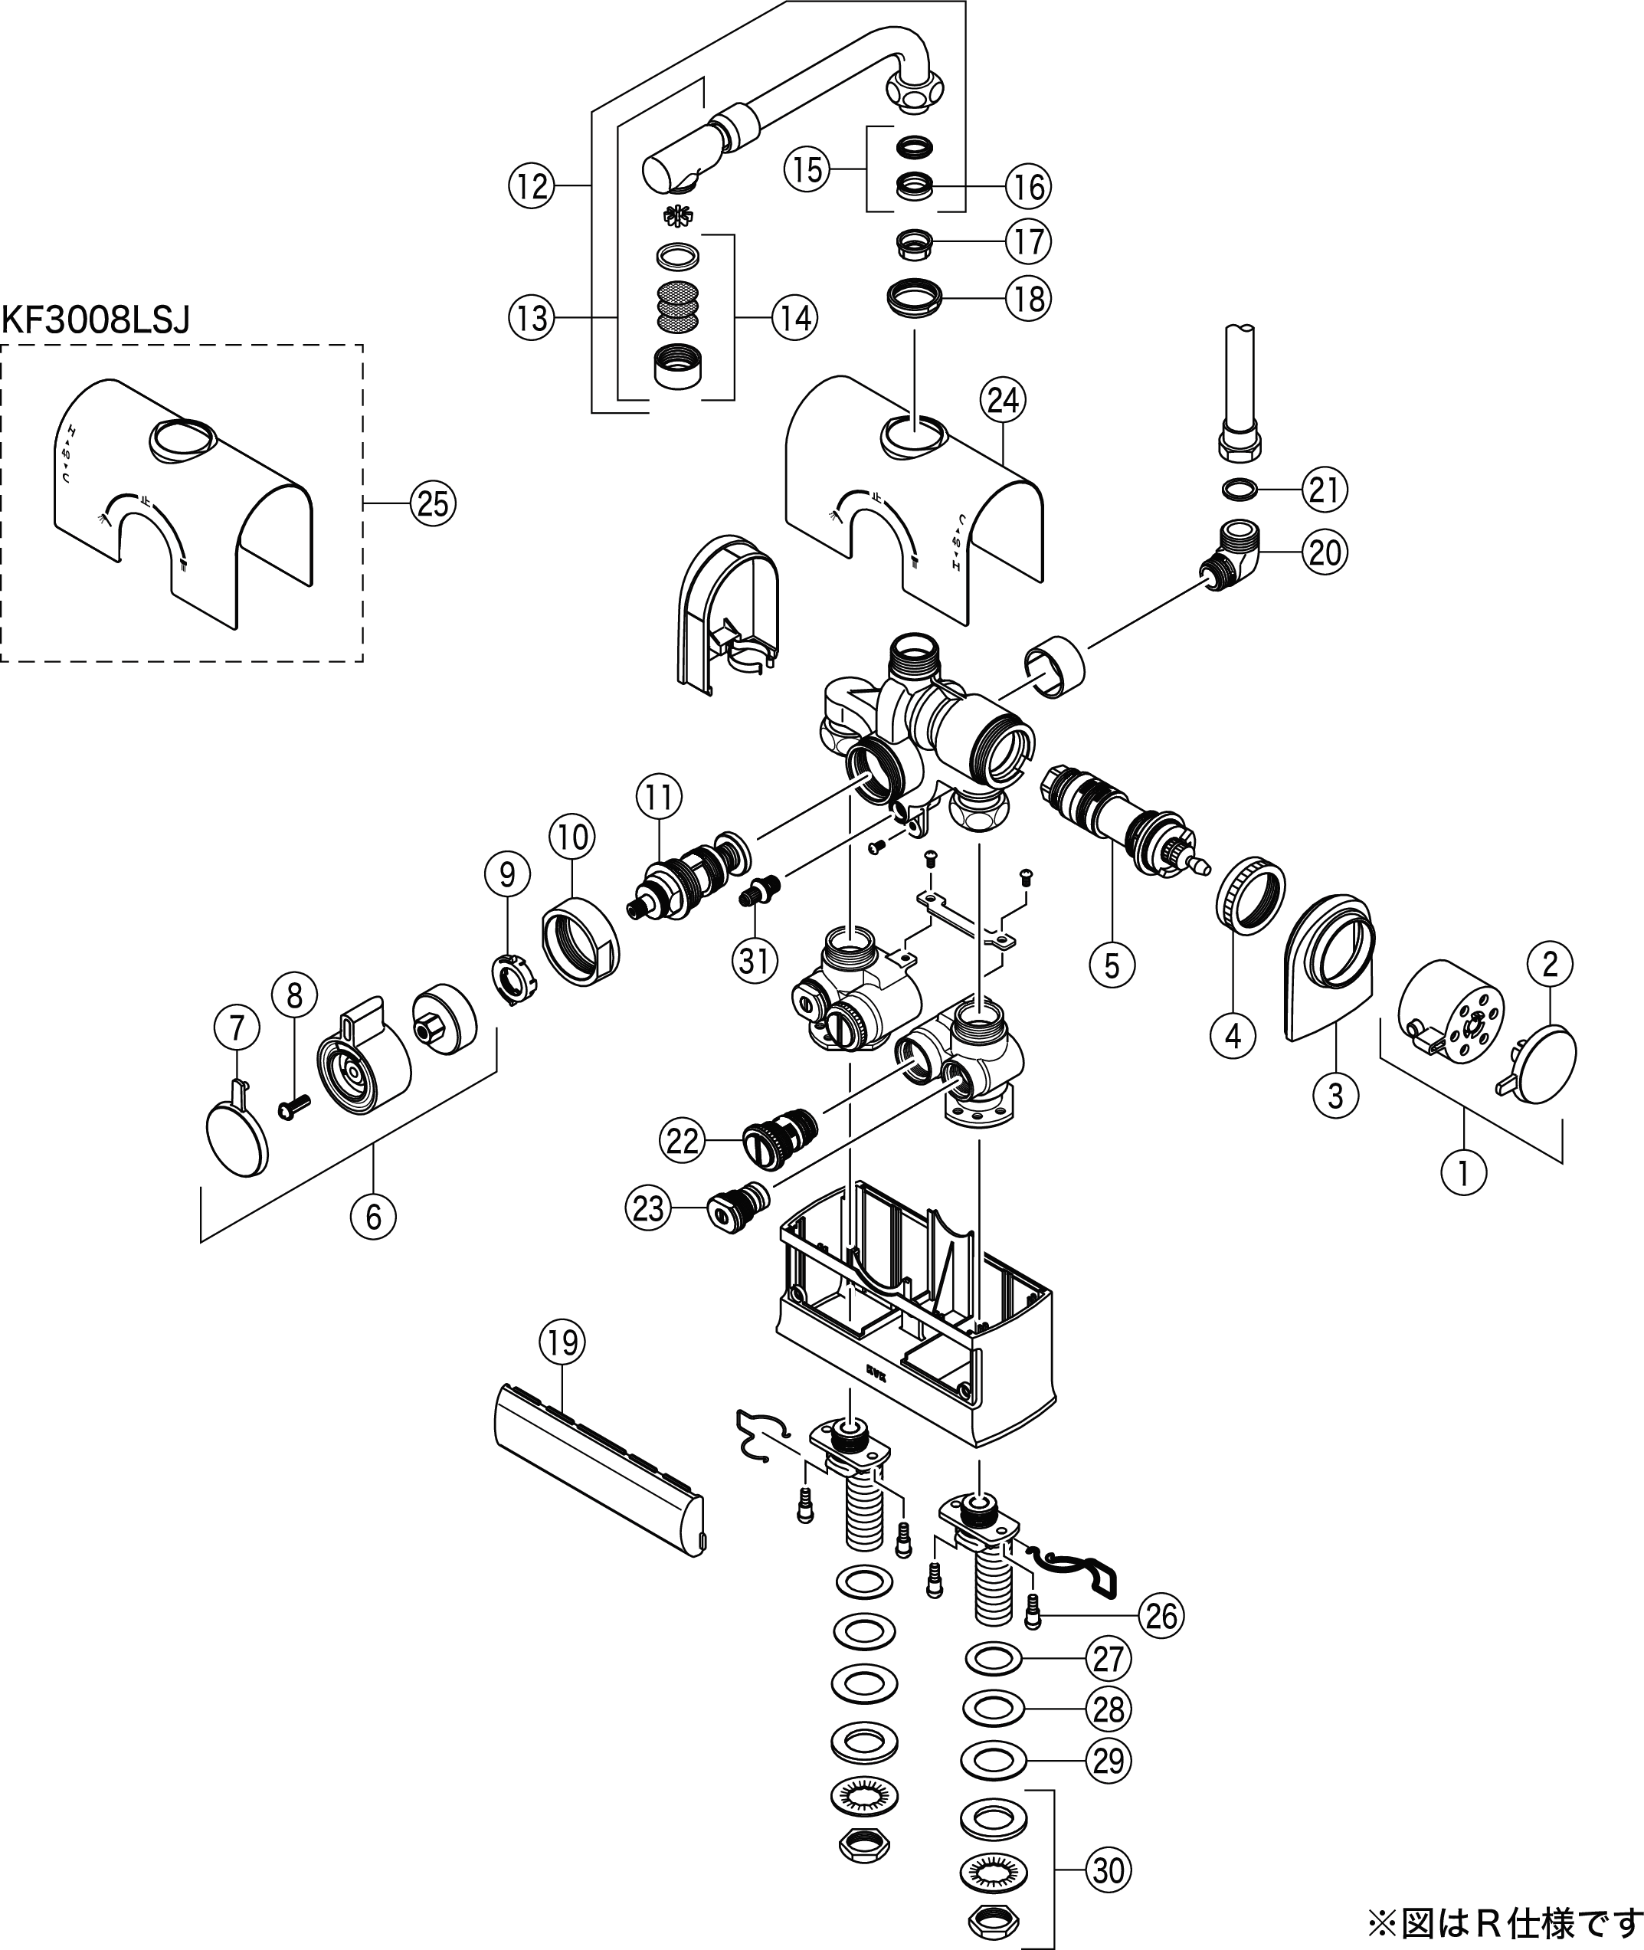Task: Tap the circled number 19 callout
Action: click(x=562, y=1343)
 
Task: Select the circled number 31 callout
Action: click(x=754, y=959)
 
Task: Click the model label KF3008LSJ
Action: click(x=96, y=320)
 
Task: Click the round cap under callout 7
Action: click(x=236, y=1136)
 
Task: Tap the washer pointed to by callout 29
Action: click(x=994, y=1760)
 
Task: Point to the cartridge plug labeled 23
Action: click(x=738, y=1209)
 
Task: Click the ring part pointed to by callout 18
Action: click(x=914, y=298)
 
